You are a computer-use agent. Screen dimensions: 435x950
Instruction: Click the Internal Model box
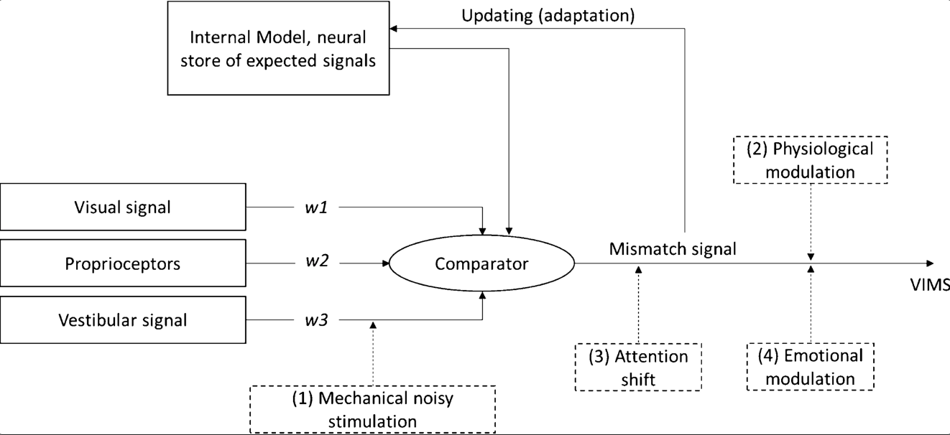277,48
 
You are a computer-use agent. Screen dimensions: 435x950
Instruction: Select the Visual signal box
123,207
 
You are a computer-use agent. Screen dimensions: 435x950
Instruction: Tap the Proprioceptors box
123,263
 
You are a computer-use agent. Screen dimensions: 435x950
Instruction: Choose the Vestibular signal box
123,319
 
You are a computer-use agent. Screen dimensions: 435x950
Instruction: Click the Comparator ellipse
481,263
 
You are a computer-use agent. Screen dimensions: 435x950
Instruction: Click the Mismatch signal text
673,249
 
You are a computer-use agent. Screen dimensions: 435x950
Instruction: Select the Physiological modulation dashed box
811,160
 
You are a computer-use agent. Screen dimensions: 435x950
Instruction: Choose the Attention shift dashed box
637,367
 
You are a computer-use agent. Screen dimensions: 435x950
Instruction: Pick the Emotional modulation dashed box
811,367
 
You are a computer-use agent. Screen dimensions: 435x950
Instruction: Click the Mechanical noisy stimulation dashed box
372,410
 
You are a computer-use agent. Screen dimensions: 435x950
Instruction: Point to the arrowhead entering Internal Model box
392,29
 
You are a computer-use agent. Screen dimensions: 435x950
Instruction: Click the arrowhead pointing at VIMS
930,263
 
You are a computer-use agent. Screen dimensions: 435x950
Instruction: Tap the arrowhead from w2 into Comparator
384,263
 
